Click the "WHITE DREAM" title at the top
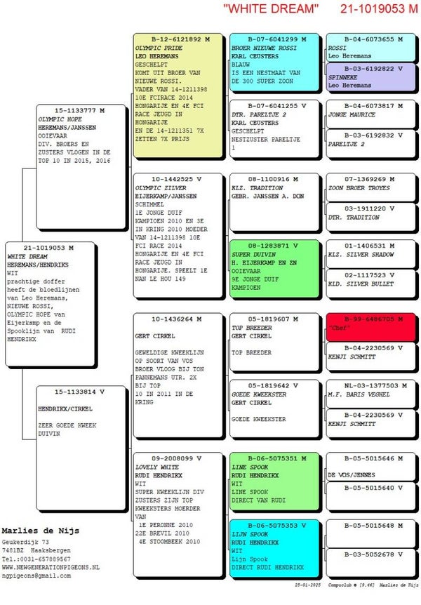(271, 9)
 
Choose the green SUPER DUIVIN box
(274, 270)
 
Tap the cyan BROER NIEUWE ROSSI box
(274, 63)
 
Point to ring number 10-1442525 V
(171, 180)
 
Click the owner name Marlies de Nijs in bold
(40, 530)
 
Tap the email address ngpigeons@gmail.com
(36, 575)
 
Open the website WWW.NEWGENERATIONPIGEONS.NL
(51, 566)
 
